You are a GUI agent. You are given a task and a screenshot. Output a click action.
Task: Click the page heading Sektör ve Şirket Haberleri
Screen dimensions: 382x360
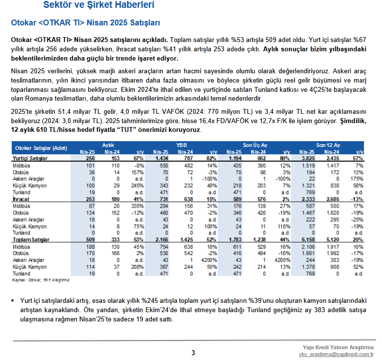99,4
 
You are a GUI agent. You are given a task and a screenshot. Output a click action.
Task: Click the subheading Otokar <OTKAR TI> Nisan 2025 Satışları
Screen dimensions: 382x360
85,22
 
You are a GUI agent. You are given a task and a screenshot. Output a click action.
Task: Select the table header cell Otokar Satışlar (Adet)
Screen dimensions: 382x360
41,148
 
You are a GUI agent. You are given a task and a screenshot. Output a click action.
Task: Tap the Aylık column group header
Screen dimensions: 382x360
108,145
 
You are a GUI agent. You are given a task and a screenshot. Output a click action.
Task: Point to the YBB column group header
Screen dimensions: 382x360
181,145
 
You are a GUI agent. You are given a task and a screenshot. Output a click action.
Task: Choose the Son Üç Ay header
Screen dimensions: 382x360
255,145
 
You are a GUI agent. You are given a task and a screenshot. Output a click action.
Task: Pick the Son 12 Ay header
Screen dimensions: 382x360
328,145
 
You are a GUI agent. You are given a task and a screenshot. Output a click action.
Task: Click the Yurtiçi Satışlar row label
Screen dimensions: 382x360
30,158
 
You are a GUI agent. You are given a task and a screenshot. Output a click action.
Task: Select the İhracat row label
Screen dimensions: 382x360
21,199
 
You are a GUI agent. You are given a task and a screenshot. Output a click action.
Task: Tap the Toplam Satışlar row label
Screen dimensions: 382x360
31,240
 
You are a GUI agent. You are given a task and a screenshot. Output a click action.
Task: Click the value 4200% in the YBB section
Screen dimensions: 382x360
209,260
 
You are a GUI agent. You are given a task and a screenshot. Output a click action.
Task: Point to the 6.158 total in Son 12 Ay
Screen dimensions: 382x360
308,240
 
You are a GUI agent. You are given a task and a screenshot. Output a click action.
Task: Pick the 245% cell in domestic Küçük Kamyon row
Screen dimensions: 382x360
137,186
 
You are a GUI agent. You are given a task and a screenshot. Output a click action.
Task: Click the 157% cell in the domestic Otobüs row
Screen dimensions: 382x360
138,172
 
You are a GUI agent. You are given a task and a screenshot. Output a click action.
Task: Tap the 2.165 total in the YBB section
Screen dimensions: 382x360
162,240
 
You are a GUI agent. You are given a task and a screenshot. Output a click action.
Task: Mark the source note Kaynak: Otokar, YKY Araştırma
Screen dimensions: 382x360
41,280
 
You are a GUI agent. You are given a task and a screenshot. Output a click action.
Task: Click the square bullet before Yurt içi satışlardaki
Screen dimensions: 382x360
13,301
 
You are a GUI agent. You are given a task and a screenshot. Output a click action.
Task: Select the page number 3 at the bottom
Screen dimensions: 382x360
193,353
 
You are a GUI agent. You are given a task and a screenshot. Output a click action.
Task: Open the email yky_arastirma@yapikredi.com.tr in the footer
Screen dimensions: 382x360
336,355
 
